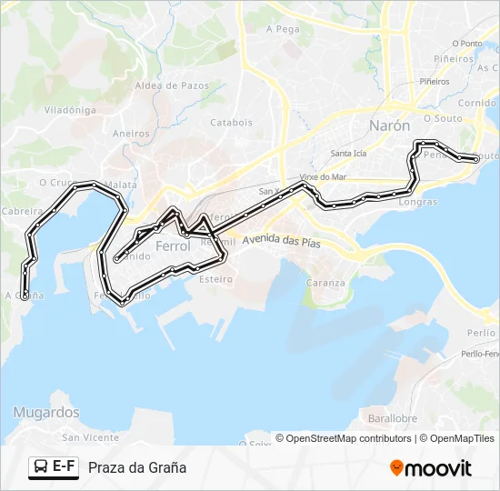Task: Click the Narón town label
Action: [x=389, y=125]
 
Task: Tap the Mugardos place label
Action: [x=46, y=412]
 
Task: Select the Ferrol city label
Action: [x=173, y=246]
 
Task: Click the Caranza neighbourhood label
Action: [x=325, y=283]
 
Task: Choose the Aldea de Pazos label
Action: [x=172, y=85]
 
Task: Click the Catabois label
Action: [x=231, y=122]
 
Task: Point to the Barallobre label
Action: [x=394, y=419]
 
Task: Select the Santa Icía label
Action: [x=348, y=153]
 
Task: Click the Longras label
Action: [x=417, y=202]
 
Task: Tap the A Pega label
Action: [x=283, y=29]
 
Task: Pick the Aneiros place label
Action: [x=131, y=134]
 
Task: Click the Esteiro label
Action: [x=215, y=279]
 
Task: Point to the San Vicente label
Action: [x=91, y=437]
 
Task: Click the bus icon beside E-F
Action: [x=40, y=467]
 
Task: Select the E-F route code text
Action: [x=64, y=467]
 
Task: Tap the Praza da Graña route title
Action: [x=137, y=467]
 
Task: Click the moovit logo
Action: [x=431, y=468]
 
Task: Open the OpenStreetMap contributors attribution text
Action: [x=346, y=438]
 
